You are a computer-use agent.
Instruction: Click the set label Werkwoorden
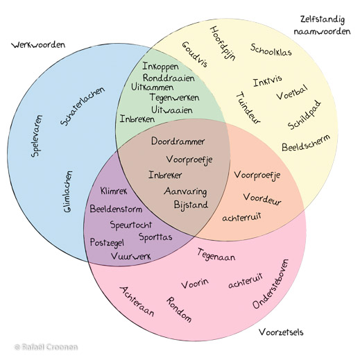pos(39,45)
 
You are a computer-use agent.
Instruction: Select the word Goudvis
pos(195,55)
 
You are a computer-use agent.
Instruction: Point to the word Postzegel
pos(106,242)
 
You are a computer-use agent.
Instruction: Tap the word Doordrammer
pos(178,142)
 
